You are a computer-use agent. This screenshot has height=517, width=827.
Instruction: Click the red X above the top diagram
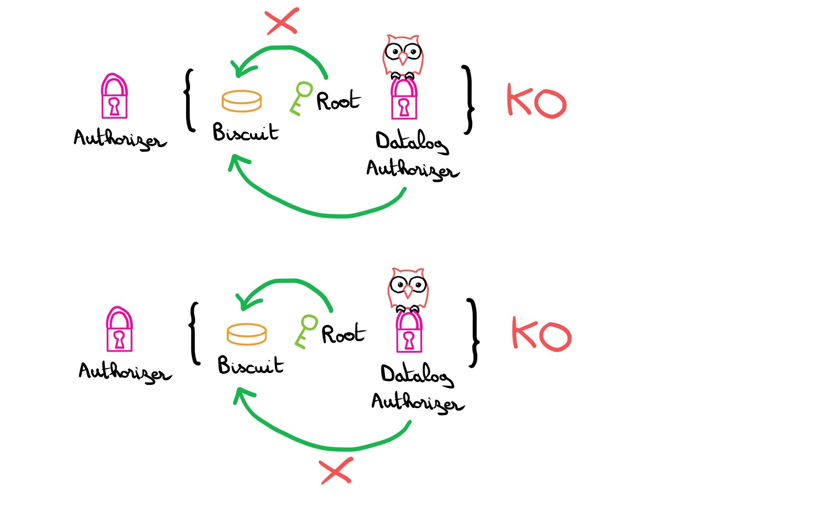(282, 21)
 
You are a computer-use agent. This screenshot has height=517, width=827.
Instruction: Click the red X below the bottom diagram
(336, 470)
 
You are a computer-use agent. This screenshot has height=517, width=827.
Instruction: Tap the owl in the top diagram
(403, 56)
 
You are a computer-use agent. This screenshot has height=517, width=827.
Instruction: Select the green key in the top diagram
(301, 98)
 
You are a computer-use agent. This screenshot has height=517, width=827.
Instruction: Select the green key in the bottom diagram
(306, 331)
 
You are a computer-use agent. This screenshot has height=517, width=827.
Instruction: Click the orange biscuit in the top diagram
(242, 101)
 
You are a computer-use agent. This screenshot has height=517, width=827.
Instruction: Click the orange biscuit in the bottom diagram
(247, 334)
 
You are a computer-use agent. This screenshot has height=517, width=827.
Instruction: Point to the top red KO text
(536, 101)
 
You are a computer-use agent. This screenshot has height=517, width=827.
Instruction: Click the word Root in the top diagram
(338, 101)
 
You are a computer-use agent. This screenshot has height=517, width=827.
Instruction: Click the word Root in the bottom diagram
(343, 334)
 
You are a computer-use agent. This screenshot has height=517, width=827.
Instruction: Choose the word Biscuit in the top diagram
(245, 133)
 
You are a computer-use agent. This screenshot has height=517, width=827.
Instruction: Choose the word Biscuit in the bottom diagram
(250, 365)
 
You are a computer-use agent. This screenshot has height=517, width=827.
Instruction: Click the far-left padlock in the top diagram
(114, 97)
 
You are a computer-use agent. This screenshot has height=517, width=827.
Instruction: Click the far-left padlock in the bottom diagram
(119, 330)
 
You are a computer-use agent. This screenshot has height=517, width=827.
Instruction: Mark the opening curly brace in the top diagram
(189, 100)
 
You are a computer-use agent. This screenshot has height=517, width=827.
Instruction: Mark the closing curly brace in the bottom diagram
(473, 333)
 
